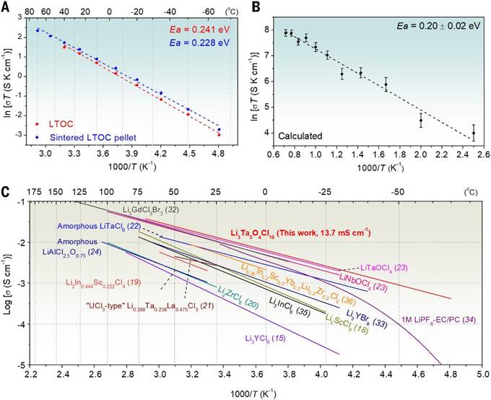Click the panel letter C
6,193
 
